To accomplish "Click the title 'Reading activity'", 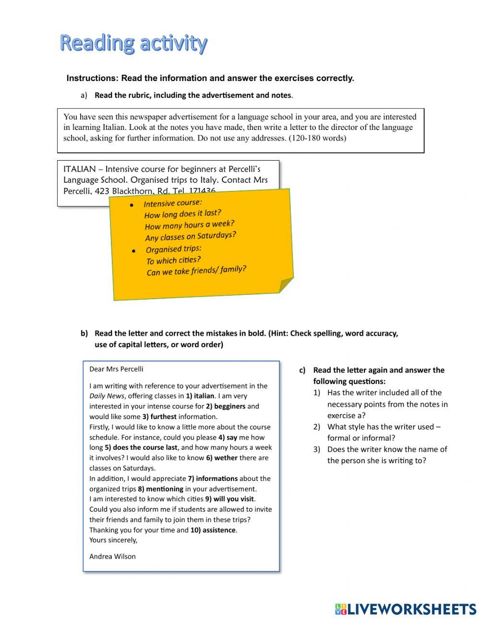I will coord(133,44).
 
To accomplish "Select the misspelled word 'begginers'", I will coord(229,407).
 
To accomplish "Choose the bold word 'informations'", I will coord(216,479).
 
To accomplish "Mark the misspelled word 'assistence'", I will coord(219,530).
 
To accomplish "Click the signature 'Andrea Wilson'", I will coord(112,557).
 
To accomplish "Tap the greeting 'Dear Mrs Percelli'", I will coord(116,369).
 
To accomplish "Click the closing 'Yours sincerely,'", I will coord(113,540).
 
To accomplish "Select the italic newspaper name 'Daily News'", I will coord(107,396).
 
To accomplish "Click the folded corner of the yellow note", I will coord(286,284).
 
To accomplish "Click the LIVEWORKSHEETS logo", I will coord(405,609).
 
